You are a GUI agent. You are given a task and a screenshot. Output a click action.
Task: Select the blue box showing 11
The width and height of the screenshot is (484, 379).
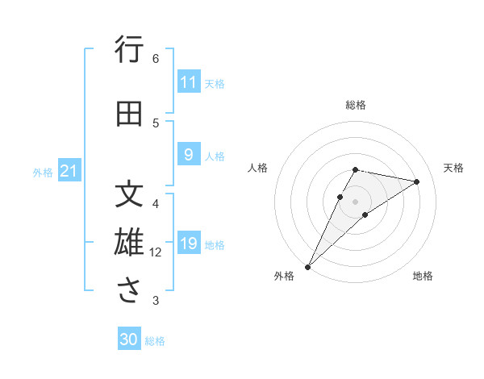[189, 82]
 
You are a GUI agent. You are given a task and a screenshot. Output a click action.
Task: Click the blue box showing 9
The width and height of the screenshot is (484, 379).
[189, 155]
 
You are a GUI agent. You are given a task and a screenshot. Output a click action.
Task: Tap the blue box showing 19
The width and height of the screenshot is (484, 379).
[189, 244]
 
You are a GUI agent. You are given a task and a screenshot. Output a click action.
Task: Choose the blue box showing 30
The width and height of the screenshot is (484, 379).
[129, 340]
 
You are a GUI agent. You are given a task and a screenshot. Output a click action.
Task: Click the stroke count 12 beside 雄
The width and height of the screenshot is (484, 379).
[156, 252]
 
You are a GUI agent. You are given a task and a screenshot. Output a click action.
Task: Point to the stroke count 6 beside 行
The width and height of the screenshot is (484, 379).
[156, 58]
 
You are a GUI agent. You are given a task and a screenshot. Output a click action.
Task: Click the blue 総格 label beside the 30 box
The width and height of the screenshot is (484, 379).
[155, 341]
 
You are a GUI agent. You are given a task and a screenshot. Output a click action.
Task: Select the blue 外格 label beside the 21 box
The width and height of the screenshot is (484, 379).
[43, 172]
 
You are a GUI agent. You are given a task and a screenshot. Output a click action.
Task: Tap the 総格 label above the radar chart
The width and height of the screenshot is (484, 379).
[356, 105]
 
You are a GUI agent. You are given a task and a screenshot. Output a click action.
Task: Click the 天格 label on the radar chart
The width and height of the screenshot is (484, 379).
[453, 168]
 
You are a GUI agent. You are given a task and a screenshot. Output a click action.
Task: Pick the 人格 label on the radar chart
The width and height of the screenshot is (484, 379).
[258, 168]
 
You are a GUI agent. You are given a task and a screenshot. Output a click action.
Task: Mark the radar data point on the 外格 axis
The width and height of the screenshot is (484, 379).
[307, 266]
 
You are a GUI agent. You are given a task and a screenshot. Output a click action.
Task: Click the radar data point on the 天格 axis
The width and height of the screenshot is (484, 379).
[416, 181]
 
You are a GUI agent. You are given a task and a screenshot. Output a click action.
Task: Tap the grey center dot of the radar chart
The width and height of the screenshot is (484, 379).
[356, 201]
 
